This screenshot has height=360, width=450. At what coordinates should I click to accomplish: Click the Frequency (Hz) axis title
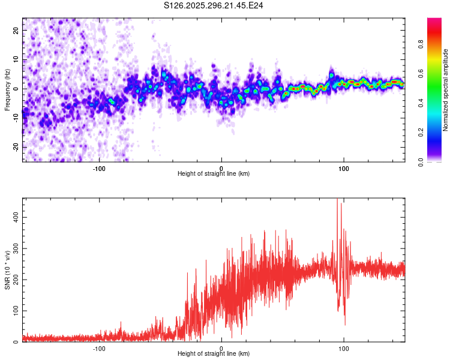[7, 89]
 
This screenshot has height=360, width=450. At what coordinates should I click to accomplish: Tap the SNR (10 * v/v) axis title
[7, 269]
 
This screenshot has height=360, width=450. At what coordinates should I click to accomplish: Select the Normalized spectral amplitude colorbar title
[445, 90]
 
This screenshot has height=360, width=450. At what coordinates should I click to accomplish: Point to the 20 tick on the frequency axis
[16, 30]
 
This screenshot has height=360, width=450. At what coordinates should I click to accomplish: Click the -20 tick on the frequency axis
[15, 147]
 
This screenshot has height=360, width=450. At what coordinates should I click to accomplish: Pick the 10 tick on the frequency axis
[16, 59]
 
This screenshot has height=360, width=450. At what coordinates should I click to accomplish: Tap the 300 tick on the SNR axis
[13, 248]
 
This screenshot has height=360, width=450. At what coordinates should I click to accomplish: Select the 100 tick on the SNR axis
[13, 310]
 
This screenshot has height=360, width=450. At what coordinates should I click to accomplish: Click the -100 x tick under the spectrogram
[99, 167]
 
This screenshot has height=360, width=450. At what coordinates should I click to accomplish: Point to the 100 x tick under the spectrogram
[344, 167]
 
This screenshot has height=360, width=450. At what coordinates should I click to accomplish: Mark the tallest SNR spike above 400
[337, 200]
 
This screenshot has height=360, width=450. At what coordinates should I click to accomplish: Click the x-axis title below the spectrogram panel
[214, 173]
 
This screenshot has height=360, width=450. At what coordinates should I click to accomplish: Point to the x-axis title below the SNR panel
[214, 354]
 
